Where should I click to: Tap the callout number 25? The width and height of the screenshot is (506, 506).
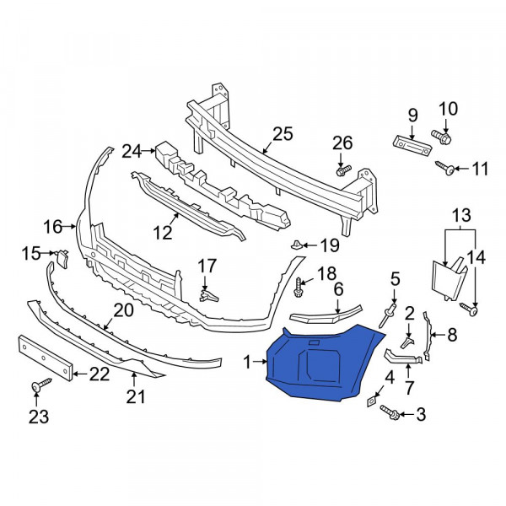pos(283,134)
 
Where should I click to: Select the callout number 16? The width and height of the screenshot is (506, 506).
pos(53,227)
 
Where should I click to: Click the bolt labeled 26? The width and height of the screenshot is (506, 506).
pos(343,170)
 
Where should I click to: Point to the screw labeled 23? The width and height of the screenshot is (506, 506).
pos(41,385)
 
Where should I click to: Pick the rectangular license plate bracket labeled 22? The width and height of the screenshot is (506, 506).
pos(45,358)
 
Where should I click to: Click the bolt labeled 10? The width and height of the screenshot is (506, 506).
pos(441,137)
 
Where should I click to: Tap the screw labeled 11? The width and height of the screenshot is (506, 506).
pos(445,168)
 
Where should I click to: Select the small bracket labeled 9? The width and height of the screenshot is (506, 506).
pos(412,146)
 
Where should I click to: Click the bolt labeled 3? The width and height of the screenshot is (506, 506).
pos(390,412)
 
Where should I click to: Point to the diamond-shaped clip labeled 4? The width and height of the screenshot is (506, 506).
pos(371,401)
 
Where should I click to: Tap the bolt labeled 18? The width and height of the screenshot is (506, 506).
pos(298,288)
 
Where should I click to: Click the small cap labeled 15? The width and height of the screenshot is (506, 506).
pos(62,258)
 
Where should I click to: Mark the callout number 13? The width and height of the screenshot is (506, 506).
pos(461,215)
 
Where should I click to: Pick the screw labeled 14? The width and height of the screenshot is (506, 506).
pos(469,309)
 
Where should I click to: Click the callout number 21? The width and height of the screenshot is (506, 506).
pos(136,396)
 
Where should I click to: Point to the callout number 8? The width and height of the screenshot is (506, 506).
pos(452,335)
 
